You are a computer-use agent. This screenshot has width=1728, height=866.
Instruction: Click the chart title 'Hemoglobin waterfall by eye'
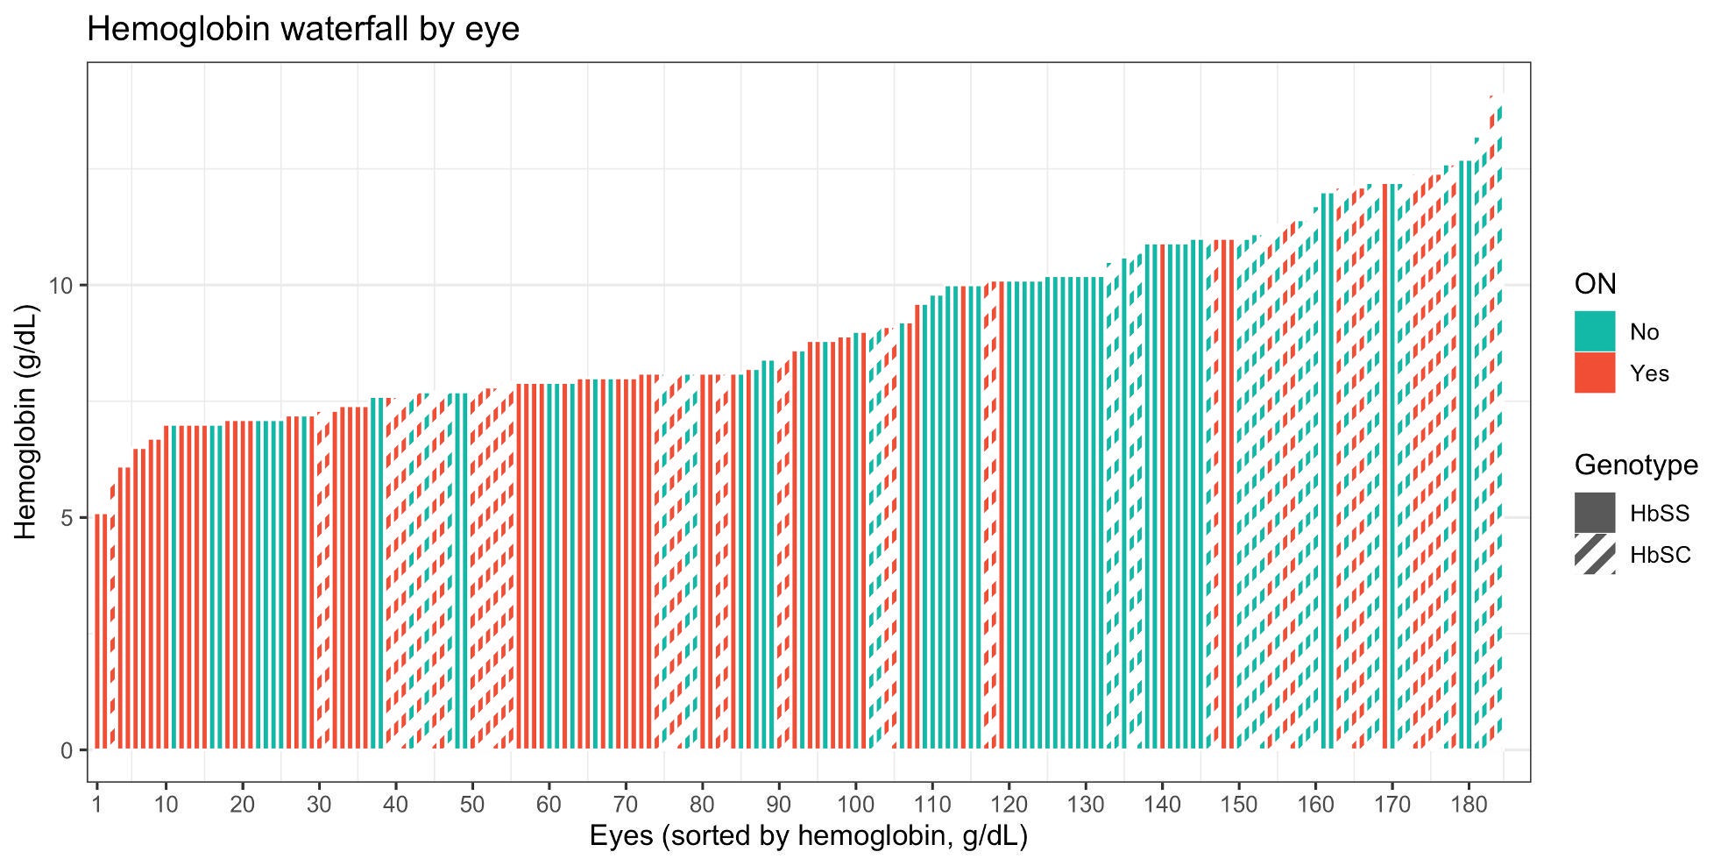tap(303, 30)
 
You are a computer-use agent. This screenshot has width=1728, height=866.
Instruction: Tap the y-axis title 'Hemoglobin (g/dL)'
tap(26, 422)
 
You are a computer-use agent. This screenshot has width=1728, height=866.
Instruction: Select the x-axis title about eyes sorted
tap(808, 835)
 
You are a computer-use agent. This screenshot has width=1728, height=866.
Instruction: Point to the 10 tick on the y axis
tap(66, 286)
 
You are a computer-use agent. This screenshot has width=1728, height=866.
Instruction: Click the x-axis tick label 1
tap(96, 804)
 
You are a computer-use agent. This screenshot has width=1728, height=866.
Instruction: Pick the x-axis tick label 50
tap(471, 804)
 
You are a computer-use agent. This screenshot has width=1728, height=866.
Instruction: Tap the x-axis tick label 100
tap(854, 804)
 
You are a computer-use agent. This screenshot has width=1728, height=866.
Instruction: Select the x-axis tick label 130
tap(1085, 804)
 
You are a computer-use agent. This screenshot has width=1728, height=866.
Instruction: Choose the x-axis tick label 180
tap(1468, 804)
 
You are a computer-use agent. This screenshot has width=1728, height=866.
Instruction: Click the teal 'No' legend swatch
tap(1594, 331)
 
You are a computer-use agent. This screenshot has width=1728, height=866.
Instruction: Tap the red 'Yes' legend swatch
tap(1594, 373)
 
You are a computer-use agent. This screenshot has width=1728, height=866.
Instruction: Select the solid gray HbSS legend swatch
tap(1594, 513)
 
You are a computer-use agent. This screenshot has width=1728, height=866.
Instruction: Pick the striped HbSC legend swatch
tap(1594, 554)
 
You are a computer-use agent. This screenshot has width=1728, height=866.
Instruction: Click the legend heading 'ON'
tap(1595, 284)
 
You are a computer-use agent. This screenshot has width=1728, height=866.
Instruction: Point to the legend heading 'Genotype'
tap(1635, 465)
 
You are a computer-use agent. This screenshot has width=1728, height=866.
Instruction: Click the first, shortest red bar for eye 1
tap(98, 631)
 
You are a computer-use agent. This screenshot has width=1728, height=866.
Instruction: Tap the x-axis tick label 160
tap(1314, 804)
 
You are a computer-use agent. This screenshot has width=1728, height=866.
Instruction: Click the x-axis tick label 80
tap(701, 804)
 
